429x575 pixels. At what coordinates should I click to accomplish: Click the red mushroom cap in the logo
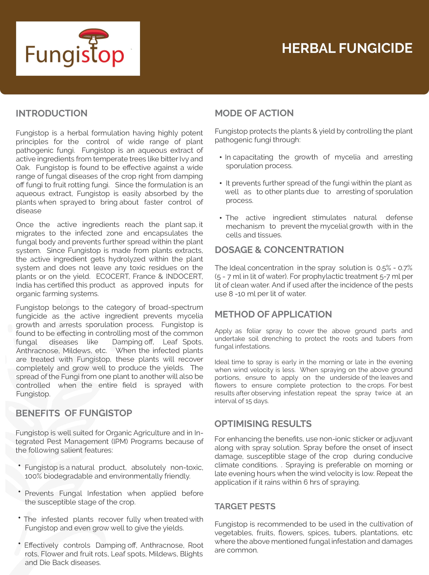point(93,34)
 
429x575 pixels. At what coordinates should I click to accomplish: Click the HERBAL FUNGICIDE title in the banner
point(347,48)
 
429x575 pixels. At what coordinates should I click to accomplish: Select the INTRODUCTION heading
point(51,113)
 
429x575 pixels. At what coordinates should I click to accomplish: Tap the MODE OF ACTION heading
point(254,113)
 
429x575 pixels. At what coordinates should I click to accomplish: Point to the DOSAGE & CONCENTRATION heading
point(279,250)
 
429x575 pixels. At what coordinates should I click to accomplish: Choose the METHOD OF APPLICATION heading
point(273,314)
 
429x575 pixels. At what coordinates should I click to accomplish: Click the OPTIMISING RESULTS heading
point(263,424)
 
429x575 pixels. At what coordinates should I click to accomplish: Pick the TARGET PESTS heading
point(245,506)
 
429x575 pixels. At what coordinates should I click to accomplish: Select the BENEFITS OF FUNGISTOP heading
point(74,413)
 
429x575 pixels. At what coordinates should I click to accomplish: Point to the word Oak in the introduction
point(22,168)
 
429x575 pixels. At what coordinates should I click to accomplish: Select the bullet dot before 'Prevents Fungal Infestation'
point(19,492)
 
